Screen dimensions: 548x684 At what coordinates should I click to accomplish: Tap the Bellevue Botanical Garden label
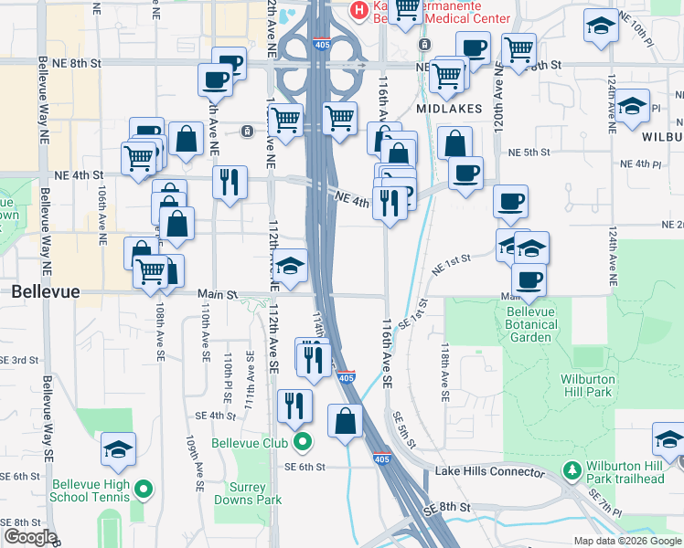(531, 324)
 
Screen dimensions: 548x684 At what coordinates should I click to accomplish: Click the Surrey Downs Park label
(248, 493)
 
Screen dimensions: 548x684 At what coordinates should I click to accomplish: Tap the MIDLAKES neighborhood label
(448, 108)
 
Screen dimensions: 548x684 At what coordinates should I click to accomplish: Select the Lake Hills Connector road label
(489, 471)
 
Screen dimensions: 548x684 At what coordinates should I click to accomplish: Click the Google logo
(29, 537)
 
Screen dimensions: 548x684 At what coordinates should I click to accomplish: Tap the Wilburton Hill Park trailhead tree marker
(572, 471)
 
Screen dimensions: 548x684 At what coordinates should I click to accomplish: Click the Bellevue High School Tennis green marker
(143, 490)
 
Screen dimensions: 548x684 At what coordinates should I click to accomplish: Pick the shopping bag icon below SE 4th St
(346, 421)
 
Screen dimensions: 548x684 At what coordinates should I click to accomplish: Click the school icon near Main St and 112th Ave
(291, 266)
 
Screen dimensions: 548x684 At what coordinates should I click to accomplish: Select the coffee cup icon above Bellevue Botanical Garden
(529, 279)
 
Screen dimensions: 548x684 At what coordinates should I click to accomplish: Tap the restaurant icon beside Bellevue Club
(294, 405)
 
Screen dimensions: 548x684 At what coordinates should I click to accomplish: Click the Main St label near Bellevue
(218, 294)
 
